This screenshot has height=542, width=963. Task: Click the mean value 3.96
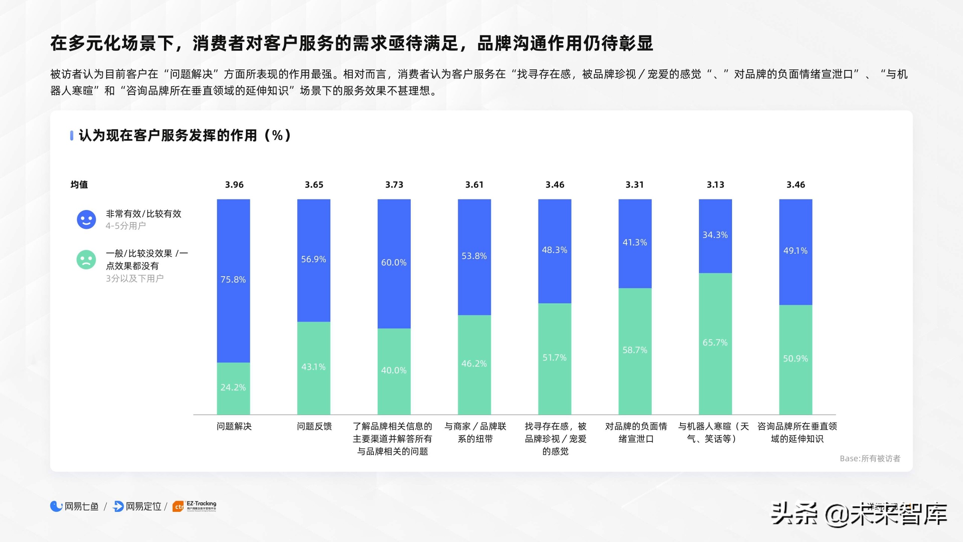click(234, 185)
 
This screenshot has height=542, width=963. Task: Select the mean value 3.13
click(715, 185)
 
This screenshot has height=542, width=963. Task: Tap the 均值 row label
click(79, 185)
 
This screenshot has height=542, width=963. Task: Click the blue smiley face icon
click(86, 219)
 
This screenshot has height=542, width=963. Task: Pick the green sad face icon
click(86, 260)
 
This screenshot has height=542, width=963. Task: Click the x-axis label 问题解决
click(234, 426)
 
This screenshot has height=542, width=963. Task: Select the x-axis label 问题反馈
click(314, 426)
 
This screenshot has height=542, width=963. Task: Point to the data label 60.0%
click(393, 263)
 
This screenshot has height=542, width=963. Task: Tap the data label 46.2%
click(474, 364)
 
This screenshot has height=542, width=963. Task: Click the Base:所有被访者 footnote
click(870, 458)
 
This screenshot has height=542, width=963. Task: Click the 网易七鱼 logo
click(74, 507)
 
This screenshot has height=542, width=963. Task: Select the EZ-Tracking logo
click(194, 506)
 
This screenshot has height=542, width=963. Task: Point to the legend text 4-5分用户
click(126, 226)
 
